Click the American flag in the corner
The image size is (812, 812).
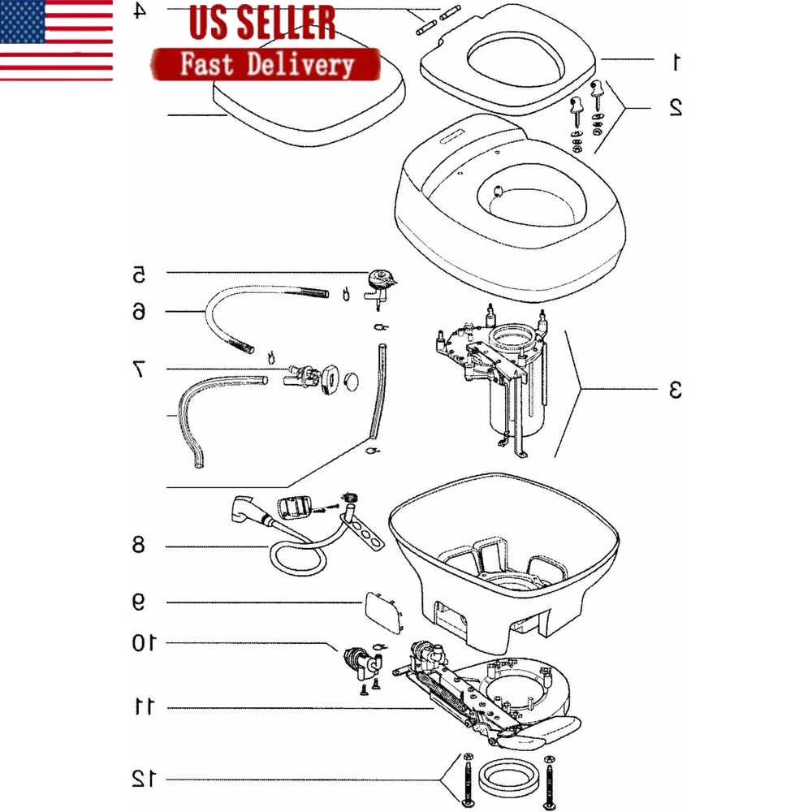pos(56,40)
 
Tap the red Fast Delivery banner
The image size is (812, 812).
pos(266,64)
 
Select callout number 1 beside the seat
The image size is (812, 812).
pos(676,60)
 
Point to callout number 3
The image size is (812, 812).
pos(676,390)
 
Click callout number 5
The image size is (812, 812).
pos(139,274)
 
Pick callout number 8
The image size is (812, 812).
pos(139,545)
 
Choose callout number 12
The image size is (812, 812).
pos(142,779)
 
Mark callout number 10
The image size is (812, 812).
pos(142,643)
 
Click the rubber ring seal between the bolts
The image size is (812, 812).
pos(508,781)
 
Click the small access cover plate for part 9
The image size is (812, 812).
pos(383,611)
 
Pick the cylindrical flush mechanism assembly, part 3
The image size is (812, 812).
pos(505,382)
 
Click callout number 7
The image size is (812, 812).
pos(139,370)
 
